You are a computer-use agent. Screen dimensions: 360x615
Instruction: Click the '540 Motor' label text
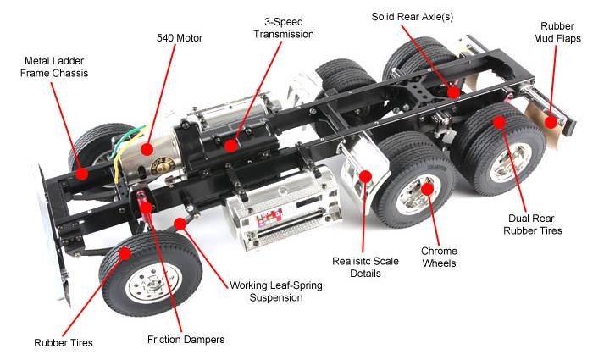(179, 38)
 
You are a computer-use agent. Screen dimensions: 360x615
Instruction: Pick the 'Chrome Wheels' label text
(439, 257)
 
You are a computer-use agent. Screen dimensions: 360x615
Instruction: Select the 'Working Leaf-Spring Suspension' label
(276, 292)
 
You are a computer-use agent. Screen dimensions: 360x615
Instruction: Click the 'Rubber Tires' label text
(64, 343)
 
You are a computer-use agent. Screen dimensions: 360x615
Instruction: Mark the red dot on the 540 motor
(147, 150)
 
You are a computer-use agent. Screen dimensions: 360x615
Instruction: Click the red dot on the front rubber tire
(125, 252)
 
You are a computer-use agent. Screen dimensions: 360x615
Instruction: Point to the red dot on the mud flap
(551, 122)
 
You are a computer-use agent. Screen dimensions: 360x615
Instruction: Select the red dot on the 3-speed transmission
(230, 145)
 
